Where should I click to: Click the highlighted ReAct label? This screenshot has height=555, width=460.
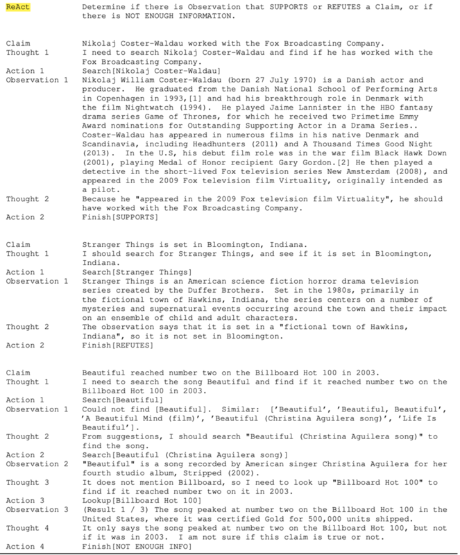[x=17, y=6]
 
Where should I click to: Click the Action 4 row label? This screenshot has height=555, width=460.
[x=24, y=547]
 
